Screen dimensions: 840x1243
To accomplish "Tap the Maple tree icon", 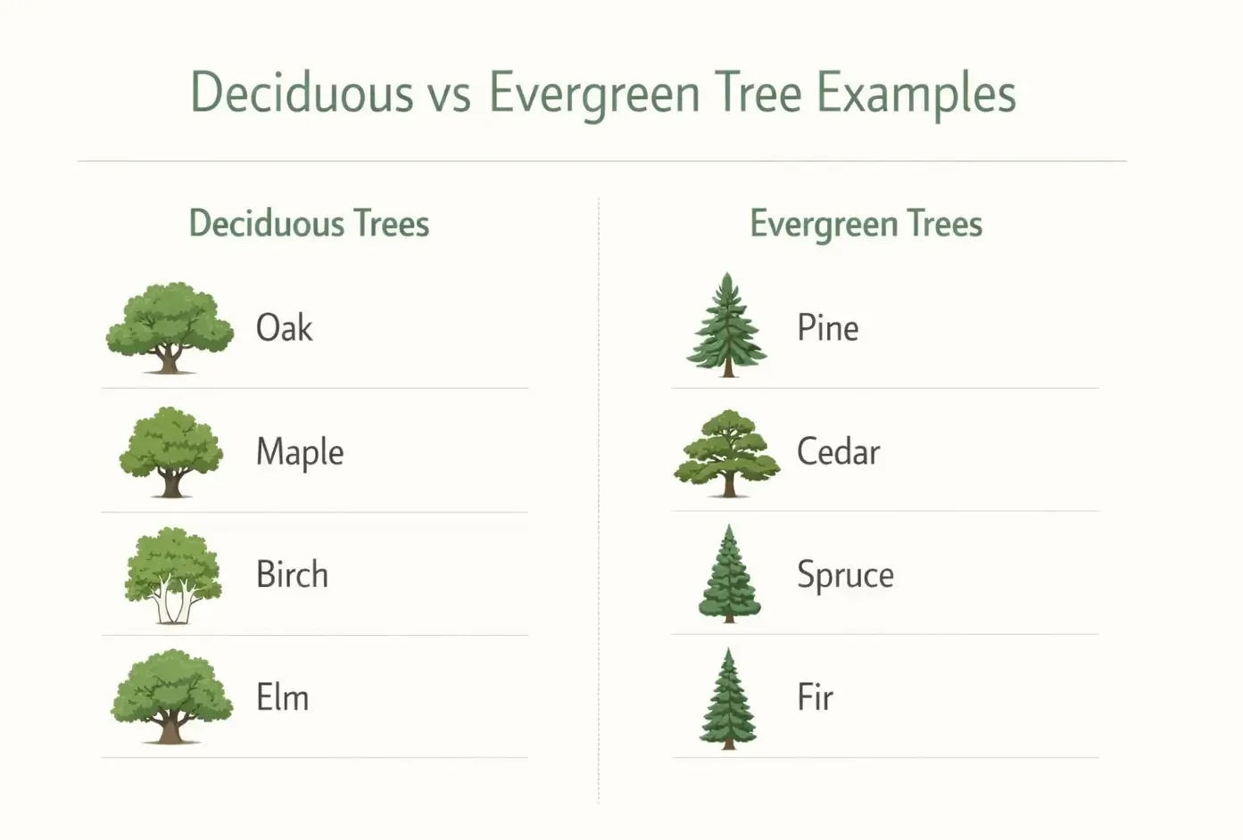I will pyautogui.click(x=170, y=451).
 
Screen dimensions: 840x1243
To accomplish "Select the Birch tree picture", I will pyautogui.click(x=172, y=575).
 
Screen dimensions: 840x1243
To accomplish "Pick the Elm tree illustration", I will pyautogui.click(x=171, y=696).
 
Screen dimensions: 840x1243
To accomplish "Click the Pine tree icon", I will pyautogui.click(x=727, y=325).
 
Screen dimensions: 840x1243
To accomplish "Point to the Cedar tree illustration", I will pyautogui.click(x=727, y=452).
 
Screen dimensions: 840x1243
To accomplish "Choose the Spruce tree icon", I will pyautogui.click(x=729, y=574).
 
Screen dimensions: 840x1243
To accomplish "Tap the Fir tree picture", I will pyautogui.click(x=728, y=698).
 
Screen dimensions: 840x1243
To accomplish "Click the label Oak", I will pyautogui.click(x=284, y=328).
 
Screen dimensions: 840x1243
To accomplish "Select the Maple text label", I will pyautogui.click(x=300, y=452).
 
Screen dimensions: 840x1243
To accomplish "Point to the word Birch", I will pyautogui.click(x=292, y=575).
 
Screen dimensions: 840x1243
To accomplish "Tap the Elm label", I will pyautogui.click(x=282, y=697).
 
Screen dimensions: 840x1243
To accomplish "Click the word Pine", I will pyautogui.click(x=827, y=328).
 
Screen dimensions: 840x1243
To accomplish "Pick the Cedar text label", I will pyautogui.click(x=838, y=452).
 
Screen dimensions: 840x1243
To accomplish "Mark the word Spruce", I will pyautogui.click(x=845, y=575).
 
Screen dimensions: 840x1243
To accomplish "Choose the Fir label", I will pyautogui.click(x=815, y=697).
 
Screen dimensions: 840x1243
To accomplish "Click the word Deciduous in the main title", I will pyautogui.click(x=302, y=92).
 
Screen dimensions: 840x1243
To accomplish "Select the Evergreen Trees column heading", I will pyautogui.click(x=866, y=224).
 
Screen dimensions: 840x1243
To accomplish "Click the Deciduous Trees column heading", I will pyautogui.click(x=309, y=224).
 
